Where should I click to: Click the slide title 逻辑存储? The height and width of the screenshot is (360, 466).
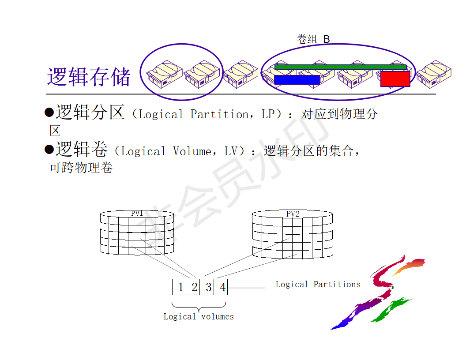(x=89, y=77)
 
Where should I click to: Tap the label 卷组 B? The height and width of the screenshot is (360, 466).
(x=313, y=39)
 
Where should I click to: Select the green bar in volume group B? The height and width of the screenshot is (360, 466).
(x=340, y=67)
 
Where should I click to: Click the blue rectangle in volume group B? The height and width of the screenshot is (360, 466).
(x=297, y=80)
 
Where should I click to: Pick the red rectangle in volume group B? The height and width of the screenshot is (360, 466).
(x=395, y=79)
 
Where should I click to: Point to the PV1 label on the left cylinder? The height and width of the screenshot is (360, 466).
(x=137, y=214)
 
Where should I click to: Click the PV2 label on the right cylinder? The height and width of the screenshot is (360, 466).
(x=293, y=214)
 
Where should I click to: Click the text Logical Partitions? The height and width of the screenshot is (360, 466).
(x=318, y=285)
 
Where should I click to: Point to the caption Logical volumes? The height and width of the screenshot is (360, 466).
(x=199, y=316)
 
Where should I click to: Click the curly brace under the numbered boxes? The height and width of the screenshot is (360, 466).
(x=199, y=306)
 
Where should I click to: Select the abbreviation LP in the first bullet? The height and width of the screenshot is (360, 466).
(x=268, y=114)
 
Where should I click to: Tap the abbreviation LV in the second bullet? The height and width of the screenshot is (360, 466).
(x=231, y=151)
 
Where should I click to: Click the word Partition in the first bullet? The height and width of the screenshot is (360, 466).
(x=219, y=114)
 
